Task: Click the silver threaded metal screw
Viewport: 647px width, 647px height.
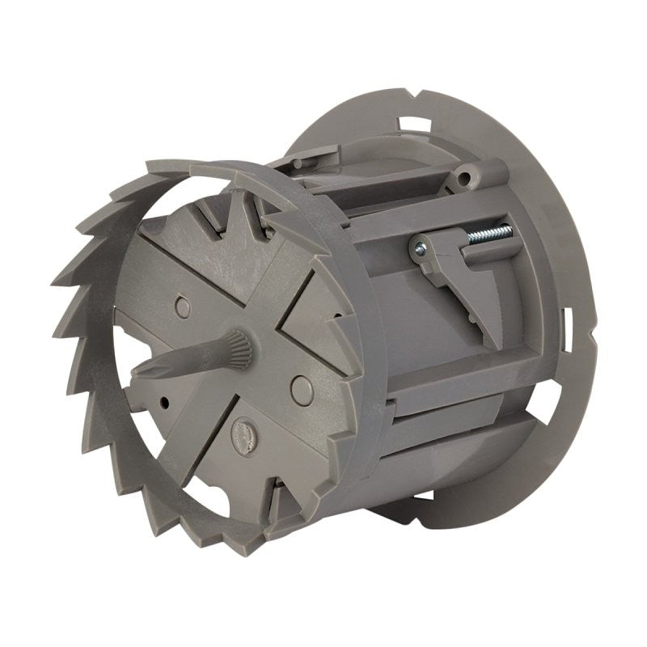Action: [490, 235]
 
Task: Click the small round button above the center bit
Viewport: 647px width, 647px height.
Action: [184, 307]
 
